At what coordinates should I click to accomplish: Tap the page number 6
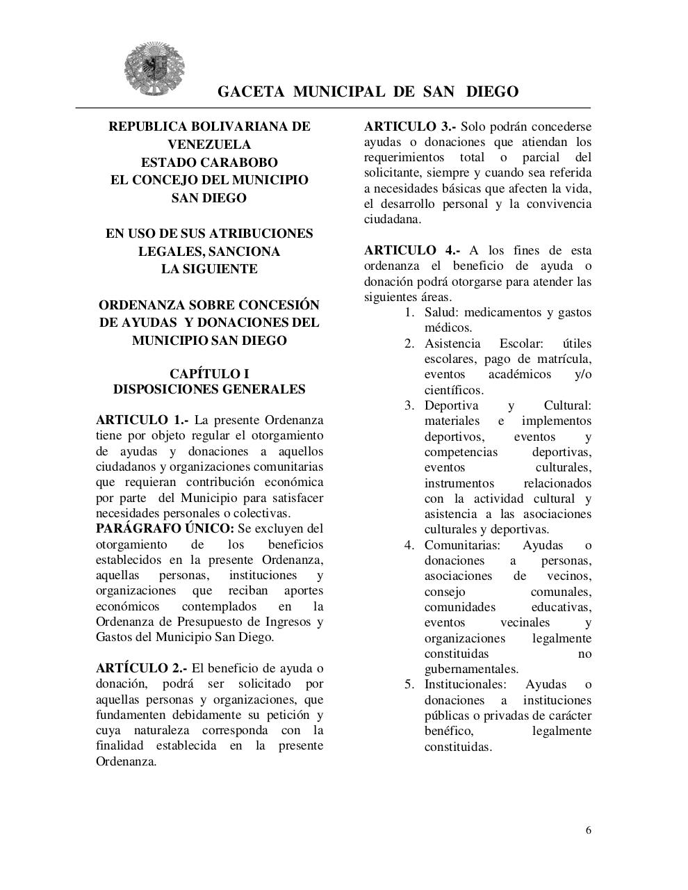point(589,830)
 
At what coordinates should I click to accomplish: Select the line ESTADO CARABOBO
point(209,163)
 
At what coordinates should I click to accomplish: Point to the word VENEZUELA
point(209,145)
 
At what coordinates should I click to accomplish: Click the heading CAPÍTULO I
point(209,374)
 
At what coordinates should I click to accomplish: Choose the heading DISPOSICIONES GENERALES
point(209,389)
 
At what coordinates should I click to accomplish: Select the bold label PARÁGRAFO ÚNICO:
point(165,528)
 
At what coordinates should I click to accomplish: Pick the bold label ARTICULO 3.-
point(410,127)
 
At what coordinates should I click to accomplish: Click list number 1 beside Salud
point(409,312)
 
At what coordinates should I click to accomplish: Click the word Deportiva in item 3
point(451,405)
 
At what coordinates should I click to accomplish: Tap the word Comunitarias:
point(462,545)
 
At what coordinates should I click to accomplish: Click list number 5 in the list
point(409,684)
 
